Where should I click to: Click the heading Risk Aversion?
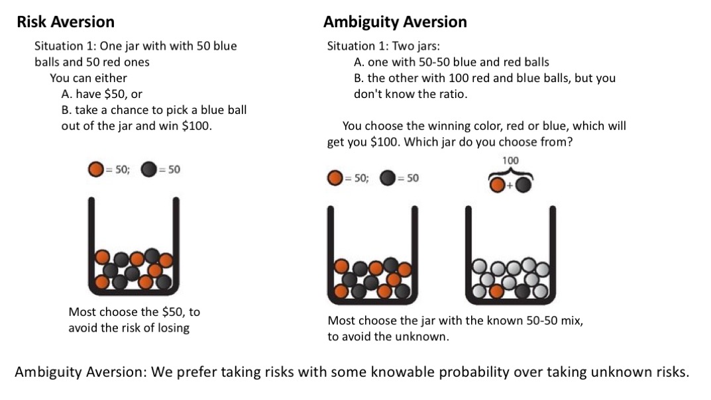[x=65, y=22]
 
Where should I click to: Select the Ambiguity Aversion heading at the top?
[x=395, y=22]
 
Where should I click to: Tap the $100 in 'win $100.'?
[x=197, y=125]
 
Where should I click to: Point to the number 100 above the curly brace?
[x=510, y=161]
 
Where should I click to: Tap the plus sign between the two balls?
[x=510, y=186]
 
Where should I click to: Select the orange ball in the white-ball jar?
[x=495, y=291]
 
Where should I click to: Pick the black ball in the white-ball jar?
[x=523, y=290]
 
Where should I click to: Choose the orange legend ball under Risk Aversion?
[x=95, y=170]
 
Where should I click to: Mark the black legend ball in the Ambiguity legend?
[x=388, y=178]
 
